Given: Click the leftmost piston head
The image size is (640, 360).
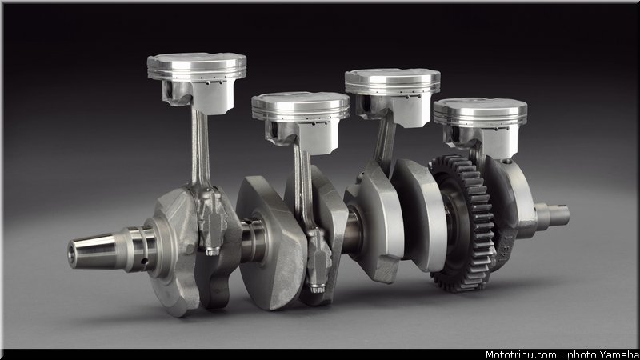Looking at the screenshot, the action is tap(197, 82).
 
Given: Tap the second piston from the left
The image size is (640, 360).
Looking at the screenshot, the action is tap(301, 121).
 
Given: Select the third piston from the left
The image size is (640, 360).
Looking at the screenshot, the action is tap(393, 96).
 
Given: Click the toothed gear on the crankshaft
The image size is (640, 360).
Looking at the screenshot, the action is tap(463, 223).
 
